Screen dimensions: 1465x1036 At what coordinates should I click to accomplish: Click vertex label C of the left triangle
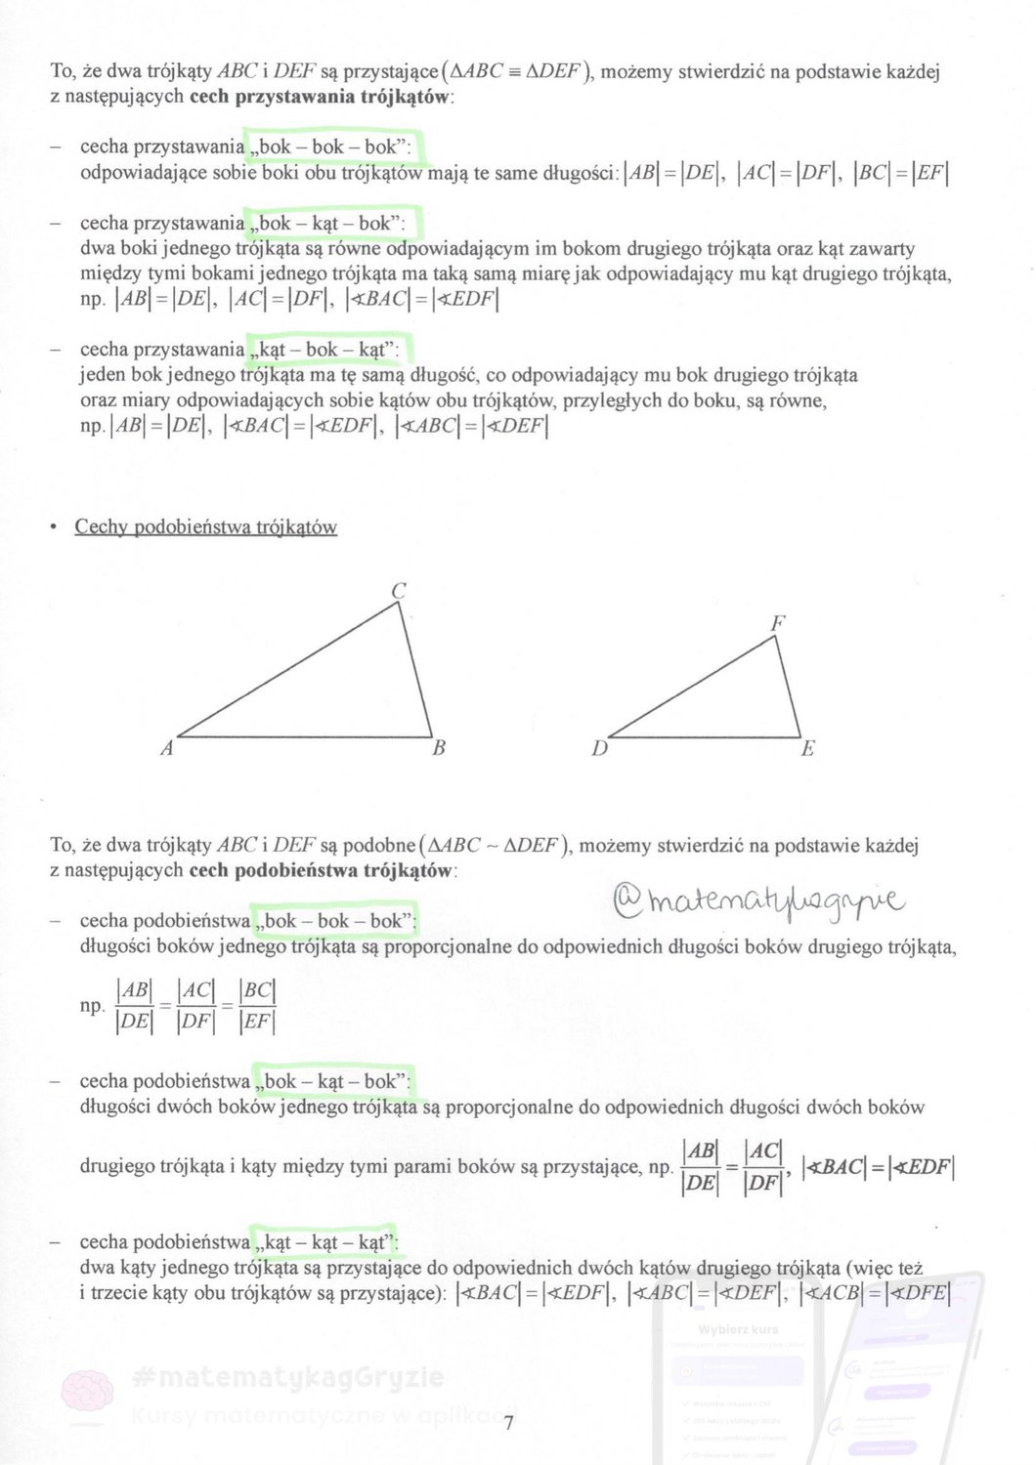(399, 591)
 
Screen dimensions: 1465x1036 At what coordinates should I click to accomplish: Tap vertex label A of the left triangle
(167, 749)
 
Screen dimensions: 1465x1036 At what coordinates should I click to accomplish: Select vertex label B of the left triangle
(439, 748)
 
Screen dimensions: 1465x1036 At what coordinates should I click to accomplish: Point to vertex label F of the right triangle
(778, 623)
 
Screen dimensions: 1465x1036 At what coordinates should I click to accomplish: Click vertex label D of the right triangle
(600, 749)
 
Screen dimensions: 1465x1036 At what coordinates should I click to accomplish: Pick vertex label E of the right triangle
(807, 749)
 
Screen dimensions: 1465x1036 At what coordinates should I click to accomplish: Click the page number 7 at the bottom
(508, 1422)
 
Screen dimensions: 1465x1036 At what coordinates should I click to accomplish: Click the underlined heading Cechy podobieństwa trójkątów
(206, 527)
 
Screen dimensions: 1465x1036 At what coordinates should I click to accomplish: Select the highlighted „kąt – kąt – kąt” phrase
(324, 1242)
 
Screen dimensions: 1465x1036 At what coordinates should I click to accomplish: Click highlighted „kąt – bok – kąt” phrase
(327, 350)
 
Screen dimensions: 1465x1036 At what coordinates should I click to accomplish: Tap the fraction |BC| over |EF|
(257, 1006)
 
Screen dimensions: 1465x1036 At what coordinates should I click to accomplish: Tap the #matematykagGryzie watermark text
(288, 1377)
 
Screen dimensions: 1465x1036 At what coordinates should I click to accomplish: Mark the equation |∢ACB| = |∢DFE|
(875, 1294)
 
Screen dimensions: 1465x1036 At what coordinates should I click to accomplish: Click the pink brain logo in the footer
(88, 1391)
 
